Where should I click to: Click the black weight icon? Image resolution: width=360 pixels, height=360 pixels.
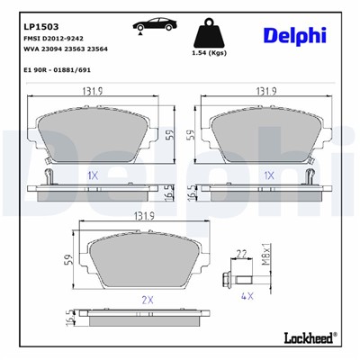point(209,34)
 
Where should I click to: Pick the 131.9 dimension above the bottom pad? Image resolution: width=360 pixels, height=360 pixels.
point(143,215)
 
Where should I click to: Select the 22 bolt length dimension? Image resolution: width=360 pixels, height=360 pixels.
point(240,254)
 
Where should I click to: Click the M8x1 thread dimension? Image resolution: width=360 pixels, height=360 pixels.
point(266,253)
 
